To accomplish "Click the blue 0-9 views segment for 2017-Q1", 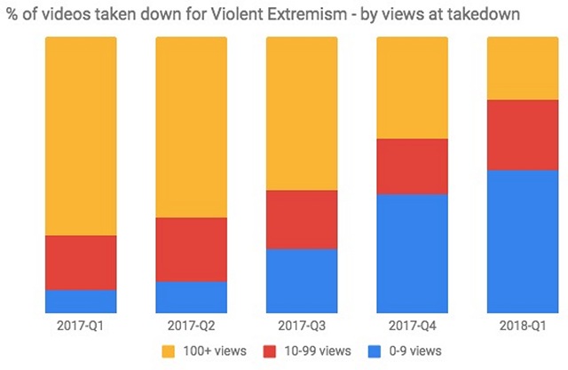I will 81,301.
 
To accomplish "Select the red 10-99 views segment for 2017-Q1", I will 81,263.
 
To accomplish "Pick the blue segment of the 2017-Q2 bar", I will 191,296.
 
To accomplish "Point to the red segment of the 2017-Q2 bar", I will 191,249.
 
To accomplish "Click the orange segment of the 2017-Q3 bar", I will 302,114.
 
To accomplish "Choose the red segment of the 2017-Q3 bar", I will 302,219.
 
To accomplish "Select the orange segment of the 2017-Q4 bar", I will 413,88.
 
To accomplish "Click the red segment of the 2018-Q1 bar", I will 523,134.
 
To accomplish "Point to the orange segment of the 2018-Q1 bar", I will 523,68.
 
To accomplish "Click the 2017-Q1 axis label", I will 81,326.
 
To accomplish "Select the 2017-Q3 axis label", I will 302,326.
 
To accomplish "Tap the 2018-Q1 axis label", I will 523,326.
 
